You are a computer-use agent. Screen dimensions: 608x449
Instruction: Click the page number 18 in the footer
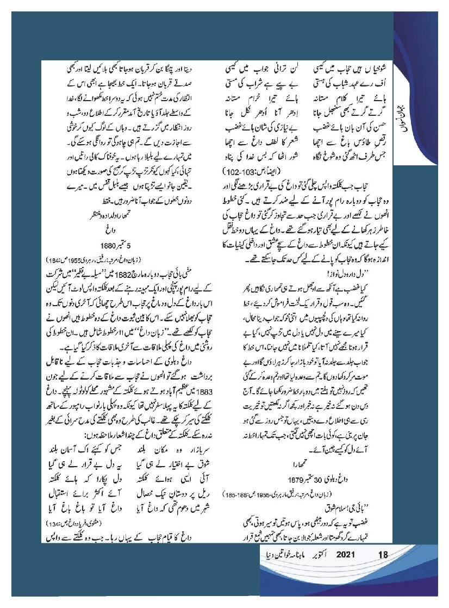click(x=383, y=555)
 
